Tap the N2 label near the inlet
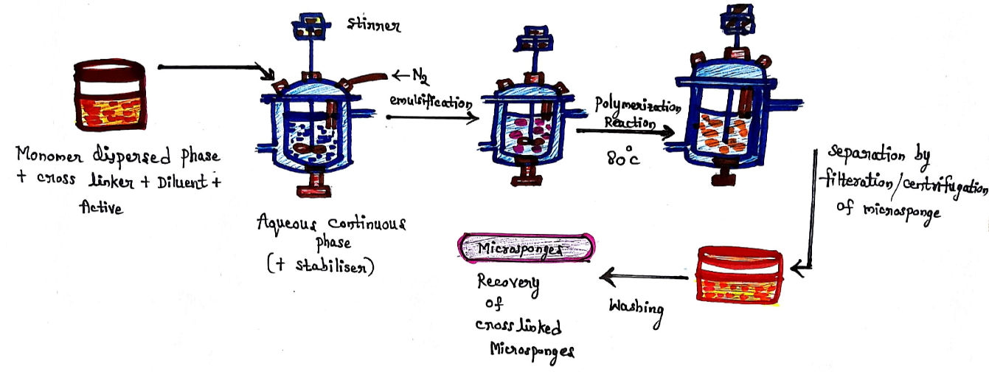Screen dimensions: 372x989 click(419, 75)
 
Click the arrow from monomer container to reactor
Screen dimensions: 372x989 click(214, 69)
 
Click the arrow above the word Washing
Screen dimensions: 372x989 click(645, 278)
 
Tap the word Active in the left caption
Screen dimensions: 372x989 click(101, 209)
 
